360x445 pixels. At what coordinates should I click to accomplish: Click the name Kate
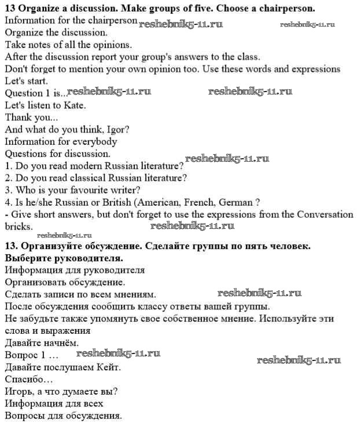click(x=74, y=105)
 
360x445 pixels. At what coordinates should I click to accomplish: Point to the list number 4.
click(x=8, y=202)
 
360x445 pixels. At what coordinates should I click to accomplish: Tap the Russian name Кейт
click(x=106, y=367)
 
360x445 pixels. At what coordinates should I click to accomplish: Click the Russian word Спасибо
click(x=29, y=379)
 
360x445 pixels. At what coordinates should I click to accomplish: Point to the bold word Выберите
click(x=27, y=257)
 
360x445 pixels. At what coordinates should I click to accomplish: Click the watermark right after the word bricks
click(x=192, y=225)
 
